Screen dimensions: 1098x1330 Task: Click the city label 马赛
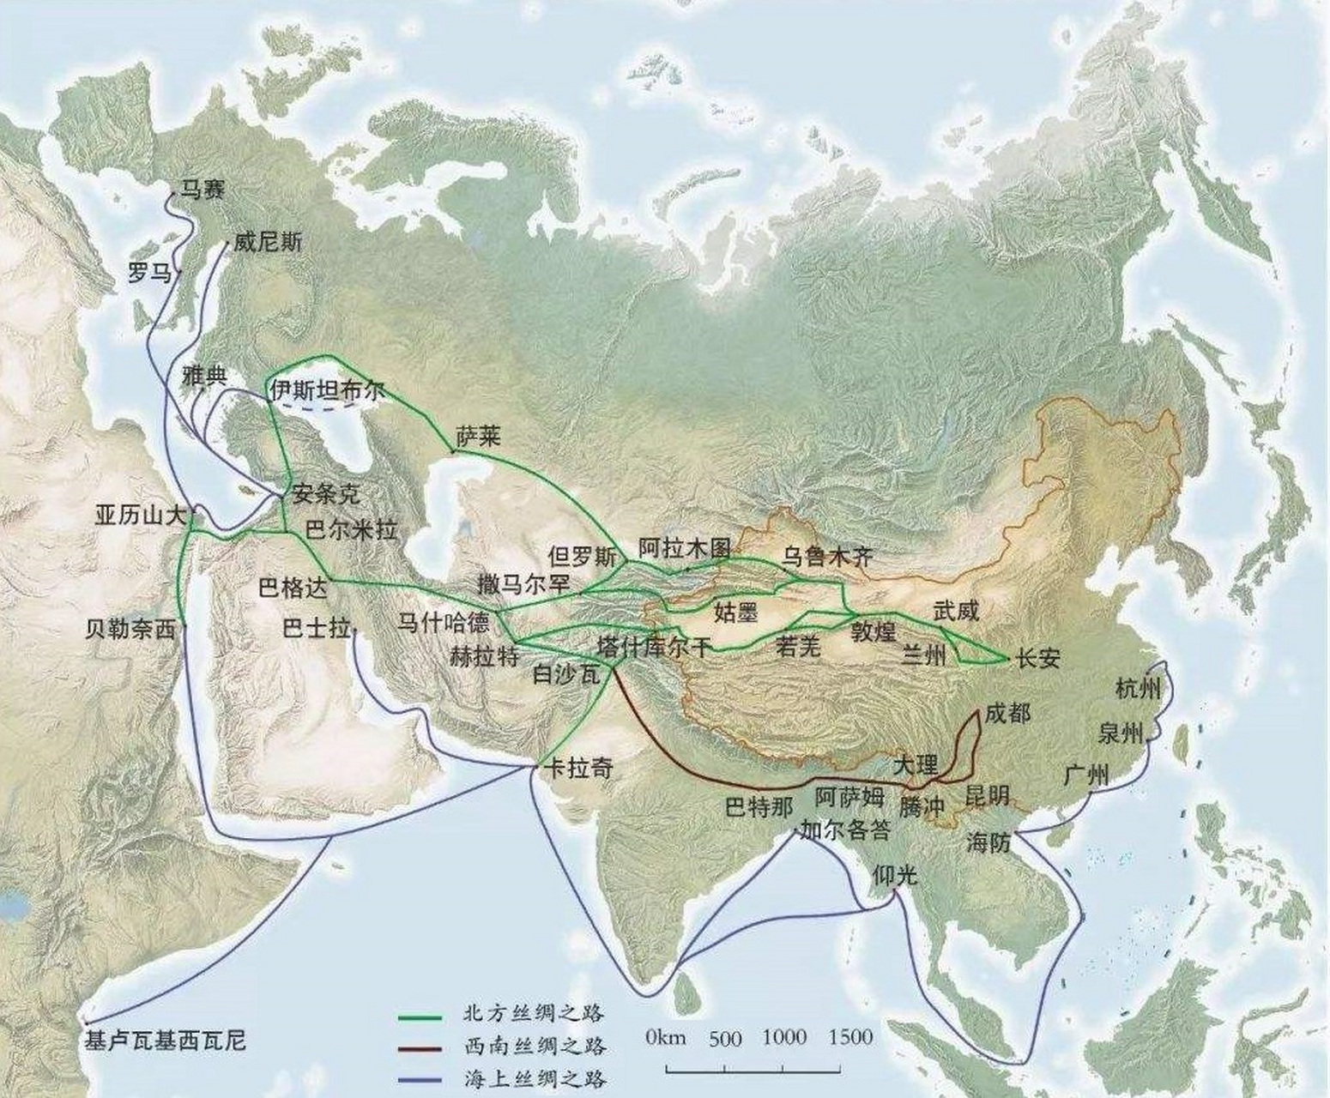pyautogui.click(x=202, y=189)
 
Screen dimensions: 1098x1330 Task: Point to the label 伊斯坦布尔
pyautogui.click(x=327, y=391)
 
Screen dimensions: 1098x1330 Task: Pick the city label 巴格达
pyautogui.click(x=293, y=588)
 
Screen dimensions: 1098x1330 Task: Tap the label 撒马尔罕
pyautogui.click(x=525, y=584)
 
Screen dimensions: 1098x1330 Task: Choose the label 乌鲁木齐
pyautogui.click(x=827, y=556)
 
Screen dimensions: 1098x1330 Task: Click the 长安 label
pyautogui.click(x=1037, y=659)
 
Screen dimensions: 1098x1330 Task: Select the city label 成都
pyautogui.click(x=1007, y=712)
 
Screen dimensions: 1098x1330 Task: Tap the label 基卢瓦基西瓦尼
pyautogui.click(x=166, y=1041)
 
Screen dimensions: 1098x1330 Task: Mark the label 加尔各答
pyautogui.click(x=844, y=830)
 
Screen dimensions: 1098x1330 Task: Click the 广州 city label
pyautogui.click(x=1086, y=774)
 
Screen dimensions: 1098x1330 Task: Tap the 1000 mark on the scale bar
pyautogui.click(x=784, y=1037)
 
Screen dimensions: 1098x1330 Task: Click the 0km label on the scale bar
pyautogui.click(x=667, y=1037)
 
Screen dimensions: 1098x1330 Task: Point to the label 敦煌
pyautogui.click(x=874, y=633)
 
